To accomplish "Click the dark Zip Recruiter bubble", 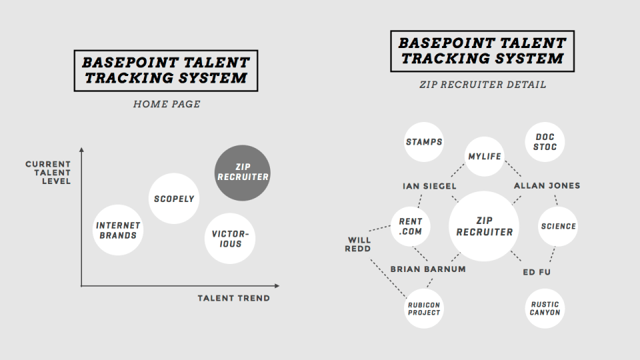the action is (243, 173).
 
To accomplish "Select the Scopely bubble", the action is (174, 199).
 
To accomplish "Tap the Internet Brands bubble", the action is (118, 230).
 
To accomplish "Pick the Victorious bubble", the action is (230, 239).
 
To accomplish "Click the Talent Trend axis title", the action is (234, 299).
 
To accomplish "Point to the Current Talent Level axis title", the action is (48, 173).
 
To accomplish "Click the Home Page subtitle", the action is (167, 104).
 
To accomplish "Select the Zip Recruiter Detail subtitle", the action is (483, 85).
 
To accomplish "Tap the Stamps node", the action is (424, 141).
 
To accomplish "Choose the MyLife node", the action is (485, 156).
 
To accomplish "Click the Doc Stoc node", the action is (545, 142).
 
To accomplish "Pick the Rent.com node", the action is (410, 227).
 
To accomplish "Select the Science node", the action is (558, 227).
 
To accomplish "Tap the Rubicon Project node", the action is (424, 309).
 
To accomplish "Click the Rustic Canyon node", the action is (545, 309).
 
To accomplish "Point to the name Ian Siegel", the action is (429, 186).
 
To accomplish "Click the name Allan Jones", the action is (547, 186).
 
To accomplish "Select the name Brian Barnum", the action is (428, 269).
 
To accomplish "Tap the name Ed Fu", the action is (537, 272).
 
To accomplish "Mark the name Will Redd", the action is (358, 245).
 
